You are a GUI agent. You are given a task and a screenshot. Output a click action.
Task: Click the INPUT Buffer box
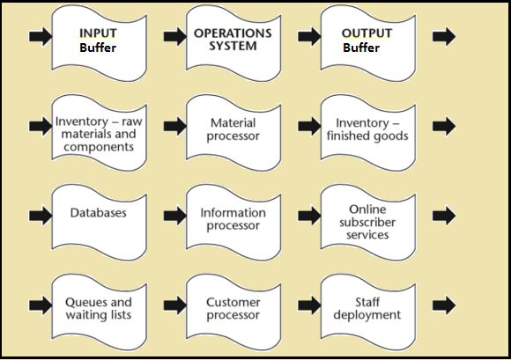pos(99,43)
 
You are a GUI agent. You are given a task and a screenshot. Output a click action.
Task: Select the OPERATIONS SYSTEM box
pos(233,43)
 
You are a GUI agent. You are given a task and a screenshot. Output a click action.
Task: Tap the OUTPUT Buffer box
pos(368,43)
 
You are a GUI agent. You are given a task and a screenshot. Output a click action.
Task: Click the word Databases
pos(99,213)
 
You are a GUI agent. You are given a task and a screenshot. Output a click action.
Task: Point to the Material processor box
pos(233,133)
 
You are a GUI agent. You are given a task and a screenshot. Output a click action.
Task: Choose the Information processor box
pos(233,223)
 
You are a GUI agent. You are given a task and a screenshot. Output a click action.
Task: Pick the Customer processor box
pos(233,312)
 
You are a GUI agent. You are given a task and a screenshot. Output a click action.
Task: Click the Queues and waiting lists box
pos(99,312)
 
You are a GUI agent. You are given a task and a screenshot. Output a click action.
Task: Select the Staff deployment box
pos(368,312)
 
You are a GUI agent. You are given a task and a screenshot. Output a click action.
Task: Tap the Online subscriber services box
pos(368,223)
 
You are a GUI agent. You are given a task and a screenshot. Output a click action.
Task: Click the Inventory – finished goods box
pos(368,133)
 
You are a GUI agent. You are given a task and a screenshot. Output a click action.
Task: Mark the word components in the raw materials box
pos(99,147)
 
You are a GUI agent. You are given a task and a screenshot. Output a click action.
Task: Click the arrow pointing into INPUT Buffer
pos(41,36)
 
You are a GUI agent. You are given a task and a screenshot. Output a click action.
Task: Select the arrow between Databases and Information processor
pos(175,216)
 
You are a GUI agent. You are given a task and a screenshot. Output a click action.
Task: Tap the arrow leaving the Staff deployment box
pos(444,305)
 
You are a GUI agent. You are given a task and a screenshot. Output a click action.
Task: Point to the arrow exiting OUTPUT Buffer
pos(444,36)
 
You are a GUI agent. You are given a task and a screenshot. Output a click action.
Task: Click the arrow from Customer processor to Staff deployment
pos(309,305)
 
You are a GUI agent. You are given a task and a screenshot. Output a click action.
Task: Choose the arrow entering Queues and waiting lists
pos(41,305)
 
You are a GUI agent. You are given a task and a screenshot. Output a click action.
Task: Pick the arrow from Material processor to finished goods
pos(309,126)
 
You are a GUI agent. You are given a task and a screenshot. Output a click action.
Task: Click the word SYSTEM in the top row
pos(233,46)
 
